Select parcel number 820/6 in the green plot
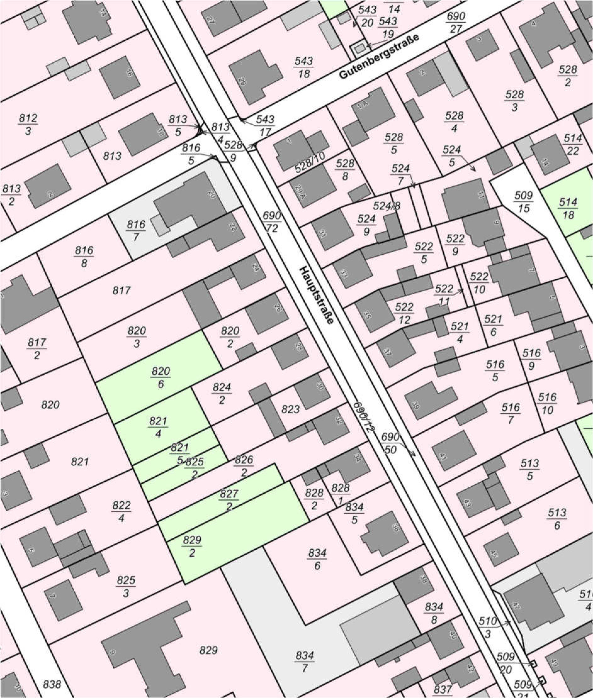[161, 377]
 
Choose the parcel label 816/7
[136, 231]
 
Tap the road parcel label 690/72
[272, 222]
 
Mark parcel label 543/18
[304, 67]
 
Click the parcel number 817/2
[37, 349]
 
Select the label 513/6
[557, 519]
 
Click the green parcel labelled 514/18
[568, 208]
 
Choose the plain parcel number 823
[291, 409]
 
